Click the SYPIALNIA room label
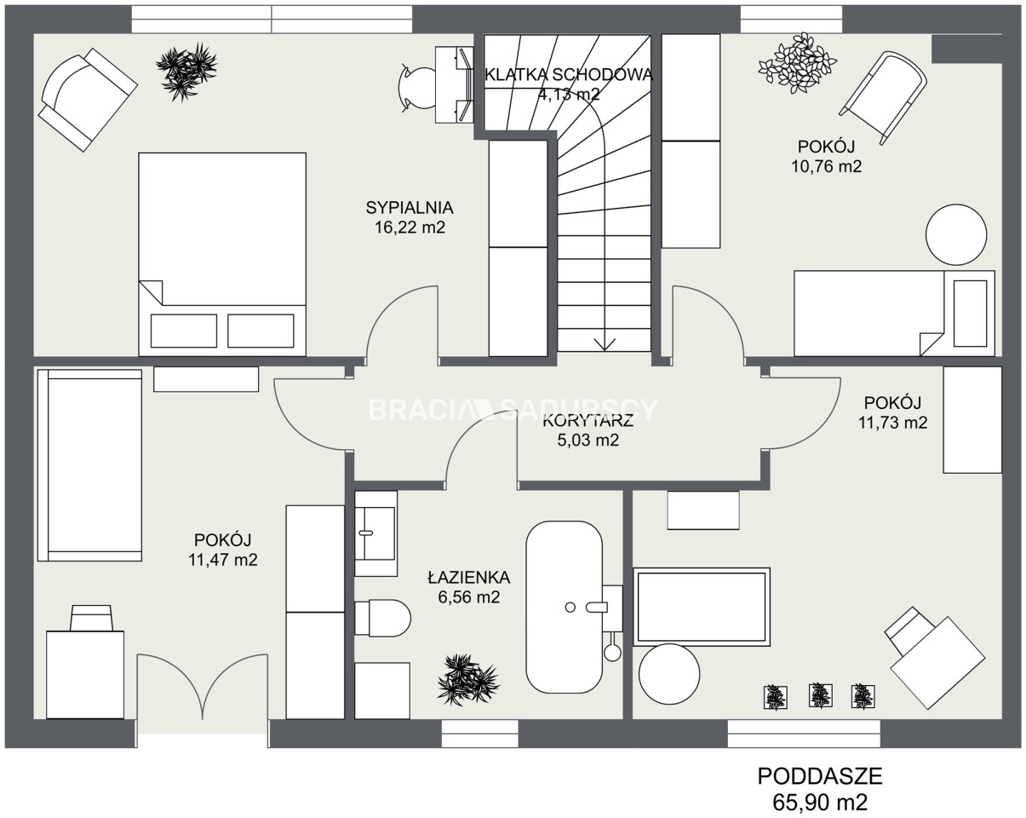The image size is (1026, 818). tap(410, 208)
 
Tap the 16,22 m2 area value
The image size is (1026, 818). tap(410, 228)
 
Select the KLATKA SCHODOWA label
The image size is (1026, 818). tap(569, 74)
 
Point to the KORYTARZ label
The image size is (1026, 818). tap(588, 420)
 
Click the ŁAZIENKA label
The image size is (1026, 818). tap(468, 578)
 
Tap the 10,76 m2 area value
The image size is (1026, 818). tap(826, 166)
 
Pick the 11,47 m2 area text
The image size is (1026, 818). tap(222, 559)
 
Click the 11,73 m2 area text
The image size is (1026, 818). tap(892, 423)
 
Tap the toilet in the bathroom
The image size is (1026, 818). tap(383, 618)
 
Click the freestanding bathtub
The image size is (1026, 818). tap(564, 607)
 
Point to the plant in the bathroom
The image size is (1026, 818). tap(467, 680)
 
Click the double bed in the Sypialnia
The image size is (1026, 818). tap(222, 255)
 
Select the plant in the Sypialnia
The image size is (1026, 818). tap(186, 72)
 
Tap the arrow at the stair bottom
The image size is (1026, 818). tap(604, 344)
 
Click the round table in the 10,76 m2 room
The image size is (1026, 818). tap(956, 234)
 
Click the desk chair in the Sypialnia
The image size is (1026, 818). tap(416, 86)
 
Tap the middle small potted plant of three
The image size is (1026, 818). tap(821, 695)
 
